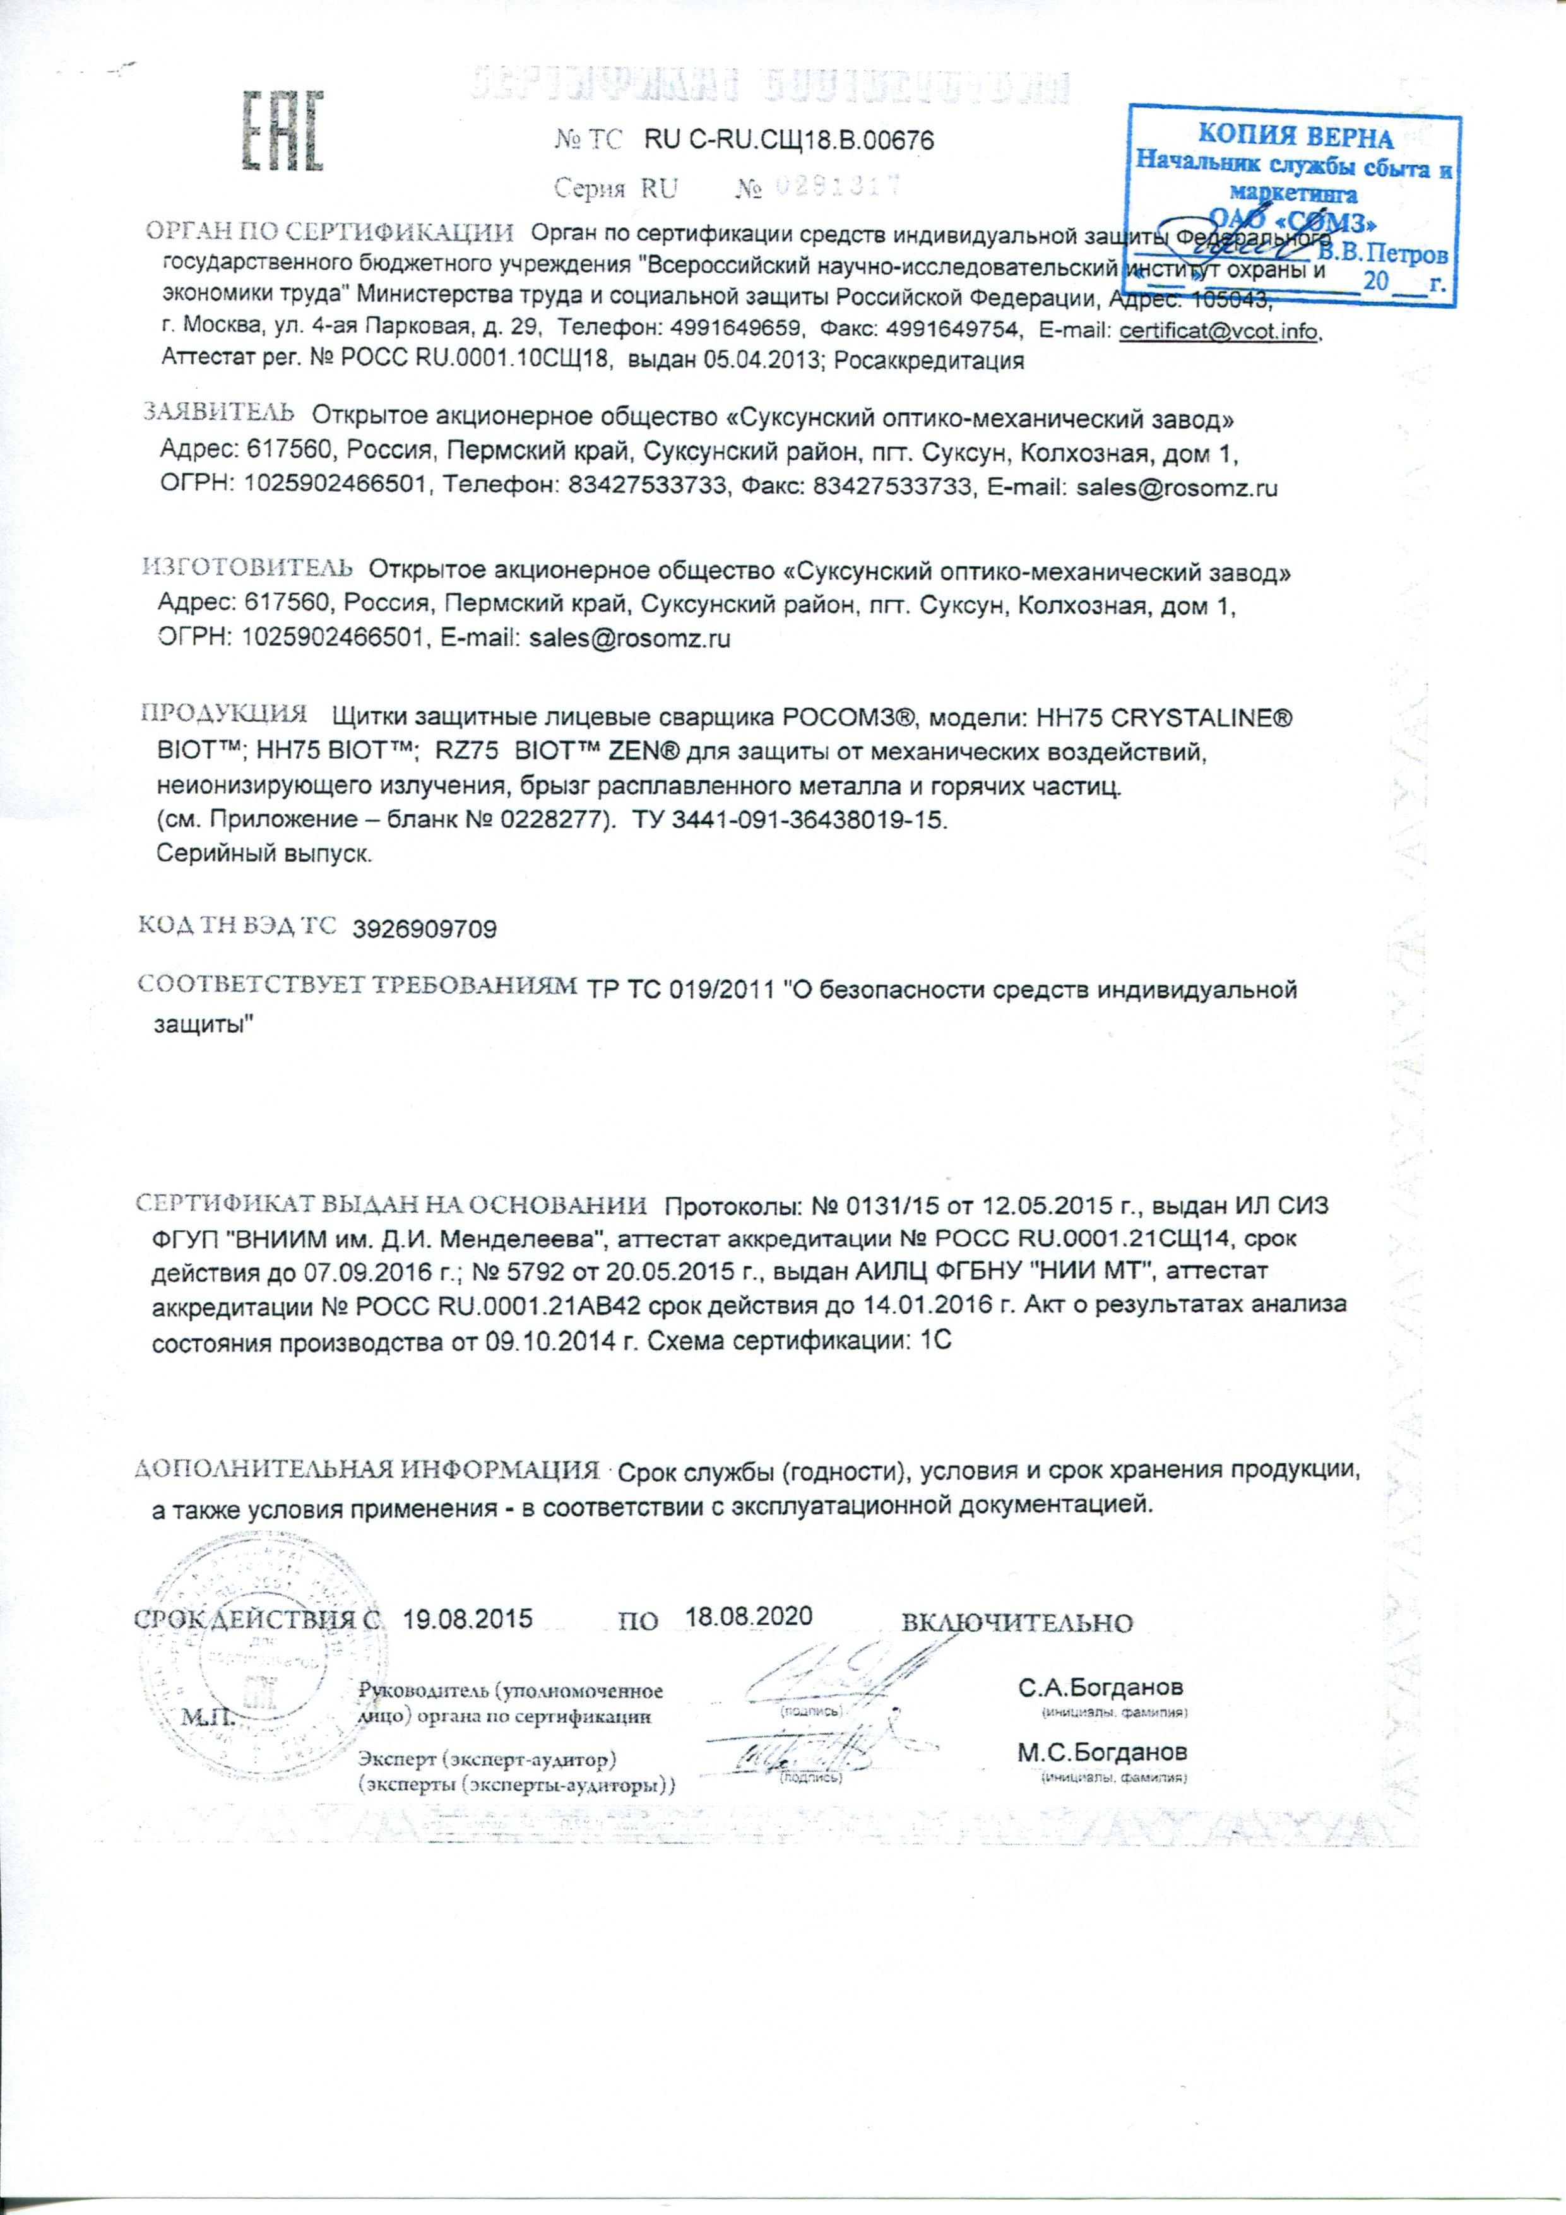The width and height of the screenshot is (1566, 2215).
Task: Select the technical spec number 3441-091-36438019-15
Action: coord(839,821)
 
